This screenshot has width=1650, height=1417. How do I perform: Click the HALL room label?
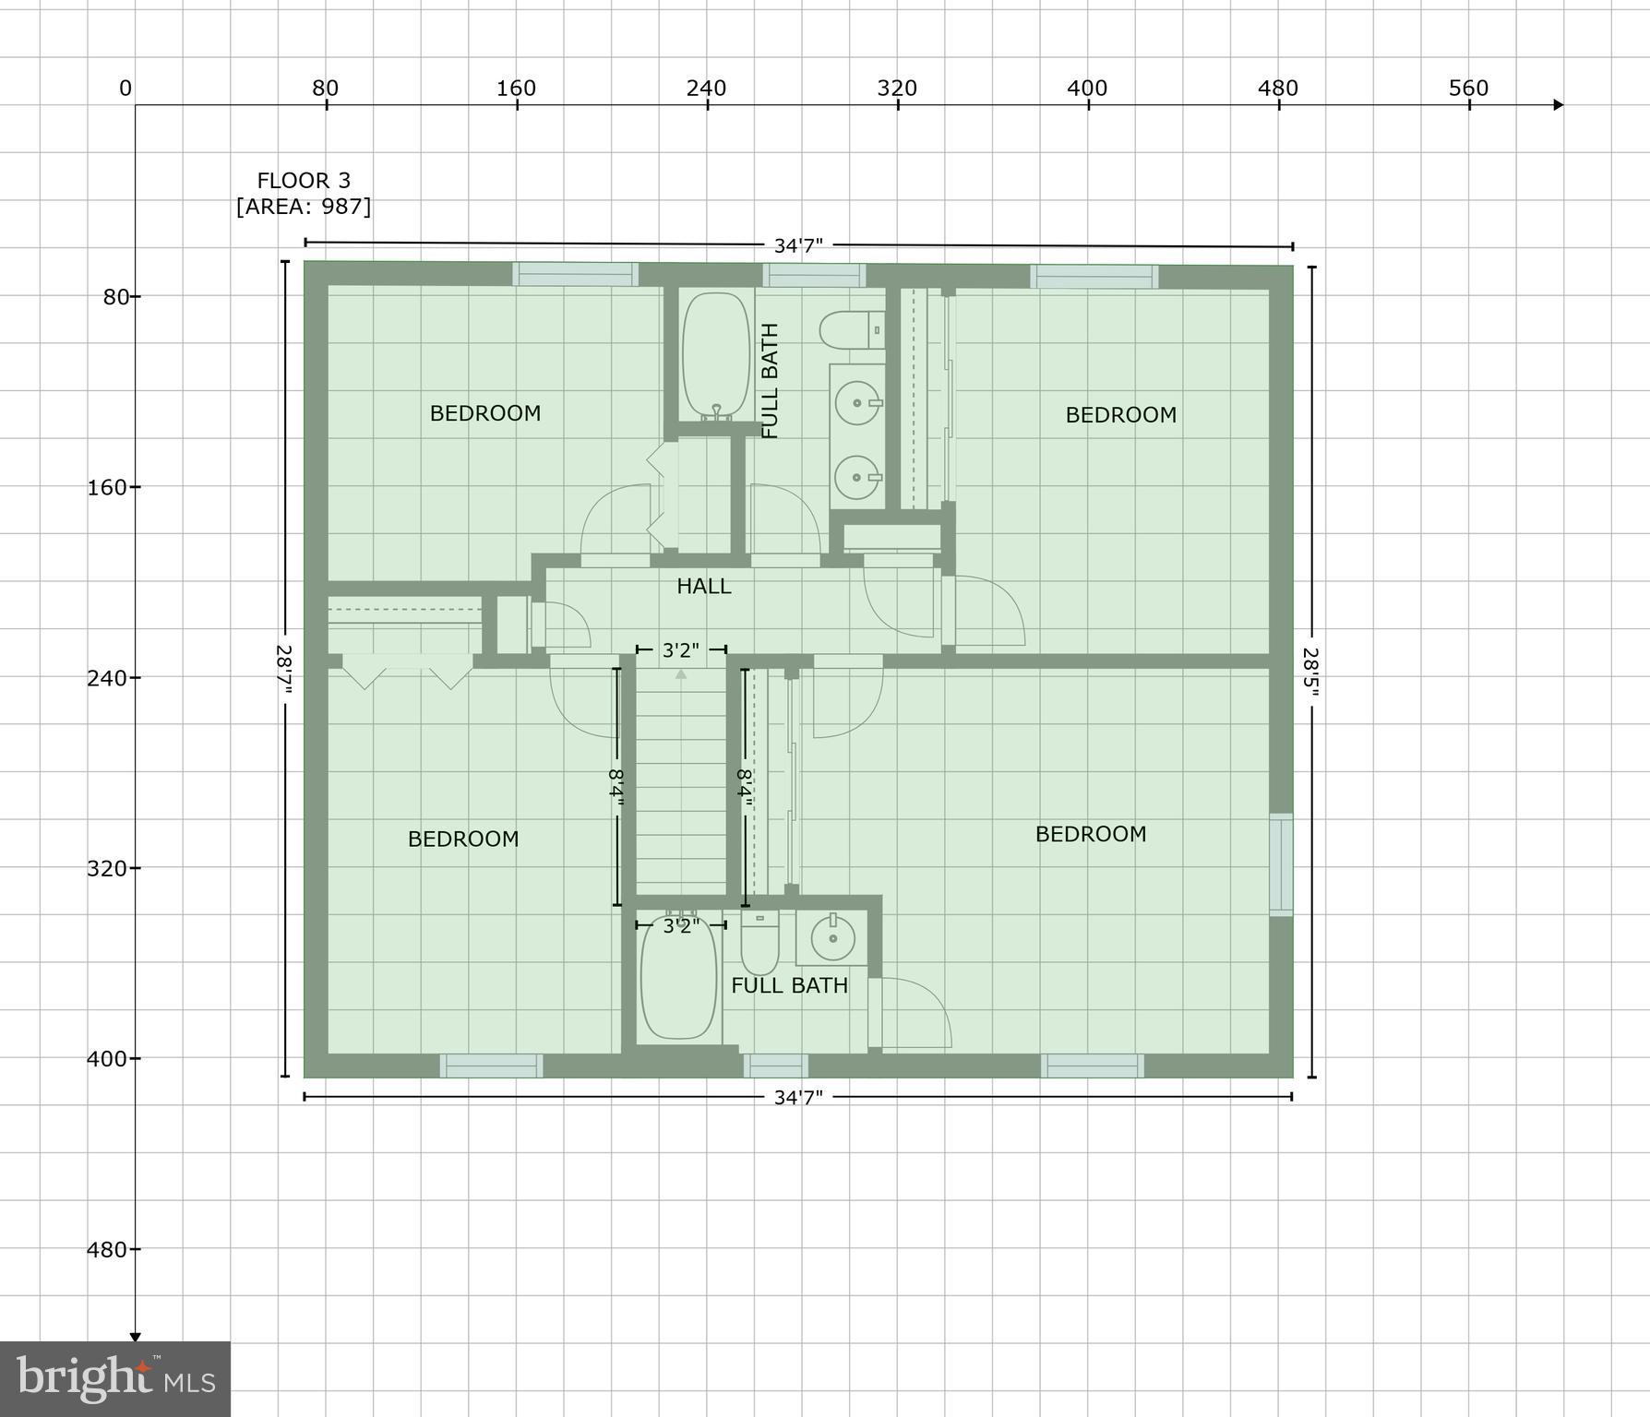pyautogui.click(x=703, y=586)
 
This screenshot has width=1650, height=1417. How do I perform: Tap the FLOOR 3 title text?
pyautogui.click(x=304, y=181)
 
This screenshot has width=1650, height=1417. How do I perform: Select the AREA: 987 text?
pyautogui.click(x=304, y=207)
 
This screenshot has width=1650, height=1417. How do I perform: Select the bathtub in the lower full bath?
pyautogui.click(x=678, y=978)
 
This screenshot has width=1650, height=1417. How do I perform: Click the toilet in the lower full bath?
pyautogui.click(x=759, y=943)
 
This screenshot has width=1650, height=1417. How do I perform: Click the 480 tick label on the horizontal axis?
pyautogui.click(x=1278, y=89)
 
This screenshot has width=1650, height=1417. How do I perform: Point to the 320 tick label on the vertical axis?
pyautogui.click(x=107, y=868)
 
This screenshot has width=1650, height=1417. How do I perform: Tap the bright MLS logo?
pyautogui.click(x=114, y=1378)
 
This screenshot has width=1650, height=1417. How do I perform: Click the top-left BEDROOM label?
pyautogui.click(x=485, y=413)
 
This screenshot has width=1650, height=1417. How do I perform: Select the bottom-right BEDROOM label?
pyautogui.click(x=1090, y=834)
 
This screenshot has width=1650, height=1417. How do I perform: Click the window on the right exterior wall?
pyautogui.click(x=1281, y=864)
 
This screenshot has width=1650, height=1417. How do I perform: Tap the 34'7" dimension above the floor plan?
pyautogui.click(x=798, y=245)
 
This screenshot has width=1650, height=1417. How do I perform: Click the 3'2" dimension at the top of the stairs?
pyautogui.click(x=681, y=650)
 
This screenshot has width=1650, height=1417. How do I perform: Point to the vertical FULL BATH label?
pyautogui.click(x=770, y=380)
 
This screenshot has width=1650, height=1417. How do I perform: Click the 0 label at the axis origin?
pyautogui.click(x=125, y=89)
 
